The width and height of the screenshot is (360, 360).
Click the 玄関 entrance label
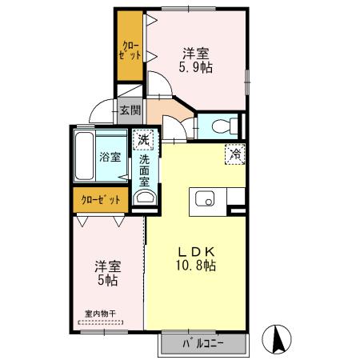pyautogui.click(x=129, y=111)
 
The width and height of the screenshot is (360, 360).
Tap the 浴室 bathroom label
pyautogui.click(x=110, y=157)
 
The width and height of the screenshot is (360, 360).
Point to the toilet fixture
pyautogui.click(x=226, y=126)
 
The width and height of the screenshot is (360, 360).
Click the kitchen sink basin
pyautogui.click(x=202, y=199)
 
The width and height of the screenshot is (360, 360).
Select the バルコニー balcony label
pyautogui.click(x=202, y=345)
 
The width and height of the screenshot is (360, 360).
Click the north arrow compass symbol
pyautogui.click(x=277, y=339)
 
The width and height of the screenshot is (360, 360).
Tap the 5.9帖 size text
pyautogui.click(x=196, y=70)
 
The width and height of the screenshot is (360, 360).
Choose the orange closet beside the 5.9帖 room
pyautogui.click(x=128, y=45)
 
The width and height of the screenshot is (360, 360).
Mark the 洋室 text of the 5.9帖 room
pyautogui.click(x=196, y=54)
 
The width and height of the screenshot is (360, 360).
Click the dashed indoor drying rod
pyautogui.click(x=101, y=324)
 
